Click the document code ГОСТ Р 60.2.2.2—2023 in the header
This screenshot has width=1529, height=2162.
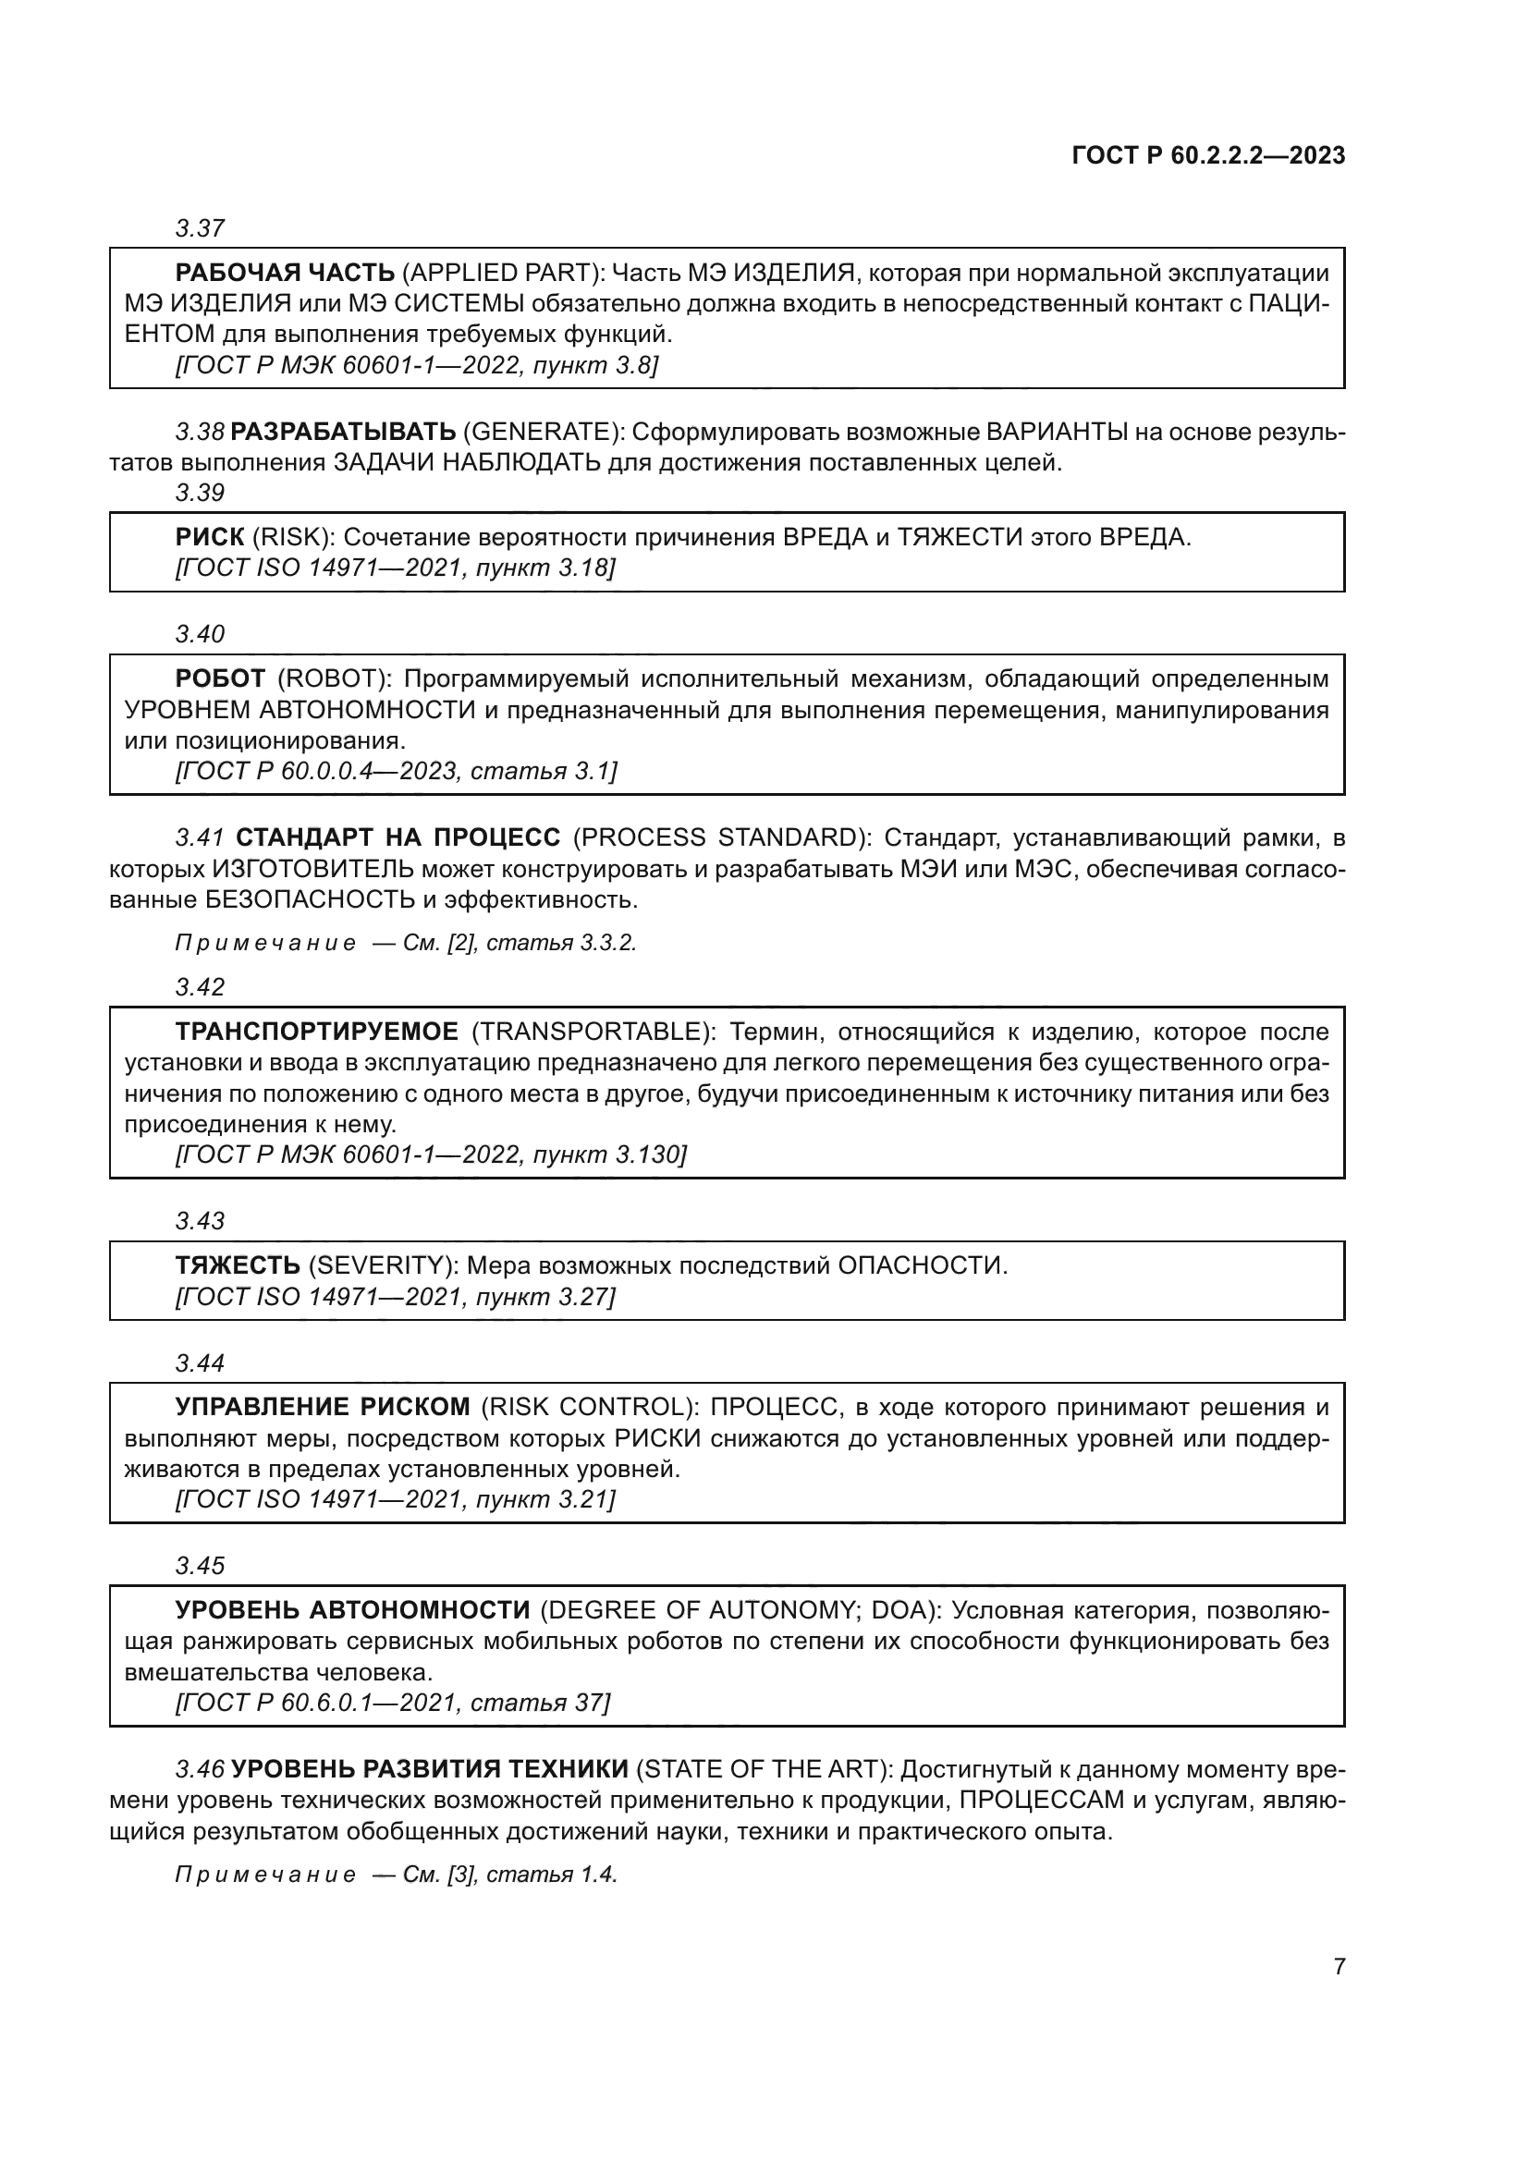1208,155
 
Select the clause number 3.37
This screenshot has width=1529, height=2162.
200,228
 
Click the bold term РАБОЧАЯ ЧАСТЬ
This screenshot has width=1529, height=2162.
286,273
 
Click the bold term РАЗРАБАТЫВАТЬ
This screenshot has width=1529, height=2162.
343,433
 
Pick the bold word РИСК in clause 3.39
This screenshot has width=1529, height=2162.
209,538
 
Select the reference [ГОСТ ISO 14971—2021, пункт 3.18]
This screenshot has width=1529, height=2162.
396,568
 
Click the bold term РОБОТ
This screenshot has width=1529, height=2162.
220,679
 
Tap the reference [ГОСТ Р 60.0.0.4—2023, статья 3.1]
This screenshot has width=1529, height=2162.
397,771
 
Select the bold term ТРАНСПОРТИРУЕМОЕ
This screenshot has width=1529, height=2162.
316,1032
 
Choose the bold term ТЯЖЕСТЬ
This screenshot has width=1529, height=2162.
238,1265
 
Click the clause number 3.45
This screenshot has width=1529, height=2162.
200,1566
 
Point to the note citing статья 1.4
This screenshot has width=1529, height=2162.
397,1875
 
